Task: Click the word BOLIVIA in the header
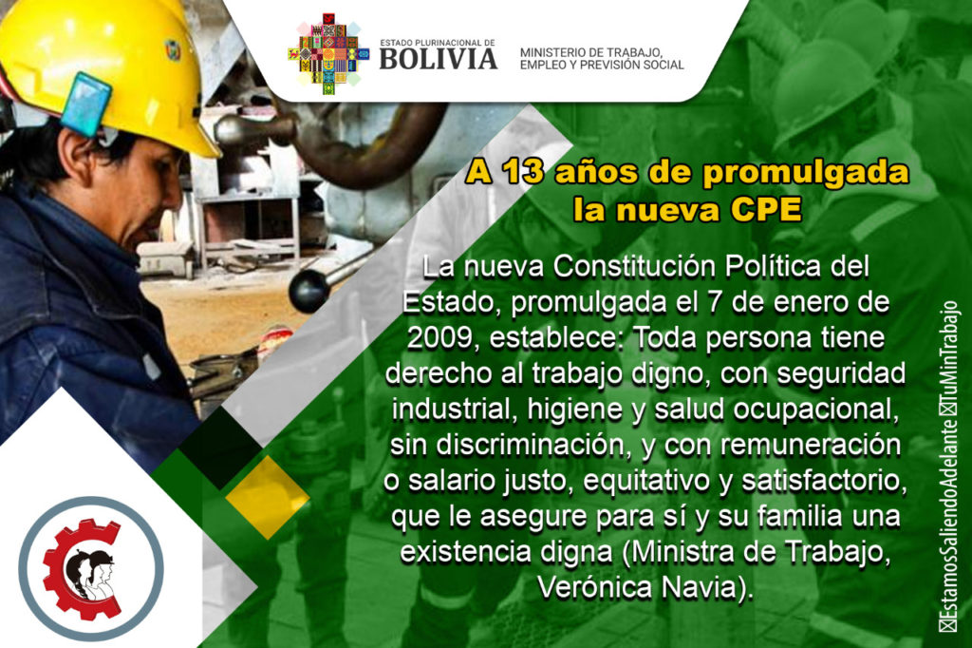439,59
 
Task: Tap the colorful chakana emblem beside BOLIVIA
327,54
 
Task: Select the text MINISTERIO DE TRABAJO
590,53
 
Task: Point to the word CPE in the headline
766,210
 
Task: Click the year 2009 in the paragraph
443,338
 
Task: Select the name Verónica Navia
645,588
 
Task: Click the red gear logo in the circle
82,568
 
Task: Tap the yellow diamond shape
267,497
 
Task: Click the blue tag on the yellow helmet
85,104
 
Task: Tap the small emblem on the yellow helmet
173,49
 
